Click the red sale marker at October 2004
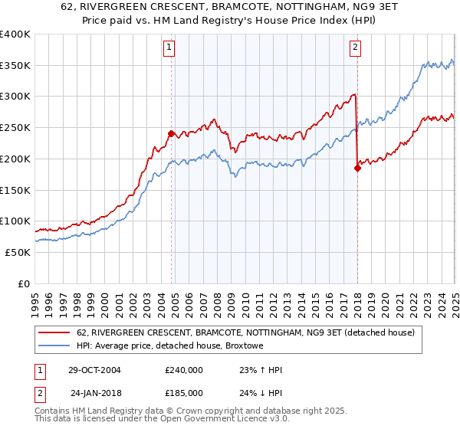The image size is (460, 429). coord(171,133)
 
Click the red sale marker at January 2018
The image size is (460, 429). coord(357,169)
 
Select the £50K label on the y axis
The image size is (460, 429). coord(18,252)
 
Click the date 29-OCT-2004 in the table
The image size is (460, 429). coord(95,370)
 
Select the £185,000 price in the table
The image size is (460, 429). coord(184,393)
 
